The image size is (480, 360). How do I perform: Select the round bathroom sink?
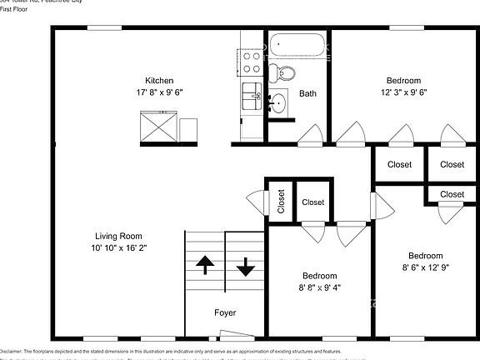(x=278, y=103)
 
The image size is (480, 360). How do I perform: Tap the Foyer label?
(x=225, y=313)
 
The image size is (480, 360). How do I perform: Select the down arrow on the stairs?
(x=246, y=267)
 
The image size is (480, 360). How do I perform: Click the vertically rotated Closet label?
(x=281, y=202)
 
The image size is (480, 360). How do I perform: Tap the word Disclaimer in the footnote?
(x=14, y=352)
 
